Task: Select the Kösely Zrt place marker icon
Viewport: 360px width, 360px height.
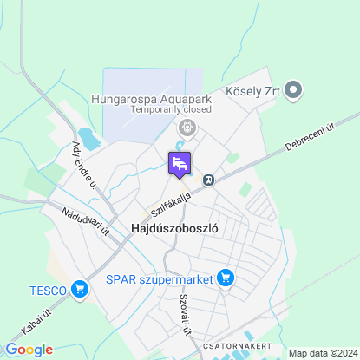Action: coord(293,88)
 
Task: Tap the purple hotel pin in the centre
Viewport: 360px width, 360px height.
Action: coord(180,163)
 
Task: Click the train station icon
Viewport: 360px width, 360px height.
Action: coord(209,180)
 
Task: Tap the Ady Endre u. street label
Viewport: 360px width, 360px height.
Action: coord(84,162)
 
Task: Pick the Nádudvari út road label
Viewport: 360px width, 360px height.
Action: coord(85,221)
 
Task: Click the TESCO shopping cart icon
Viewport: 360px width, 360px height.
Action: coord(80,289)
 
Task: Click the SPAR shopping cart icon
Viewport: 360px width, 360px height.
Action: coord(226,278)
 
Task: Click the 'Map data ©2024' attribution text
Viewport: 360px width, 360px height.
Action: coord(322,353)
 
